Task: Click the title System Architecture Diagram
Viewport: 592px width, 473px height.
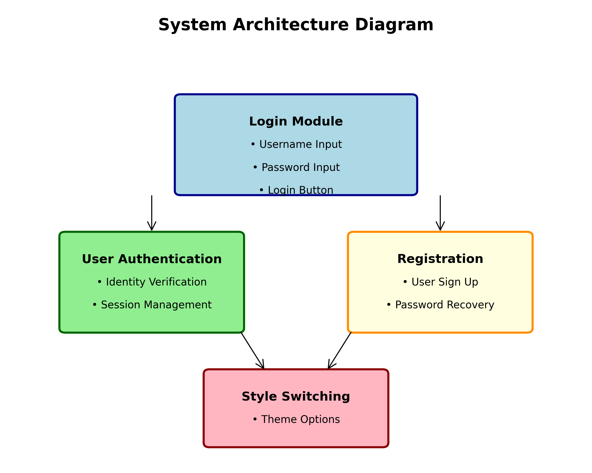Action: click(296, 25)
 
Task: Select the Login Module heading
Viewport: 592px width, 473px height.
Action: click(296, 122)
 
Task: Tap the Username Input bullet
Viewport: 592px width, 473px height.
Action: click(296, 144)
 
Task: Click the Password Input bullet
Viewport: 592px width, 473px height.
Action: click(296, 167)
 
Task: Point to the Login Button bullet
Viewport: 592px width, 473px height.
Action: click(296, 190)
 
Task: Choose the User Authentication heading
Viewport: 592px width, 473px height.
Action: click(152, 259)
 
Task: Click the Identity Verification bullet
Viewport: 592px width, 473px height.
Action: click(152, 282)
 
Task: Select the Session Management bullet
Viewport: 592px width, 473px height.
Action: click(152, 305)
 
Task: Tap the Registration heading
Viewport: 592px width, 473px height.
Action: click(440, 259)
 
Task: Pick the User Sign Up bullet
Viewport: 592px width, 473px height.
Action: click(440, 282)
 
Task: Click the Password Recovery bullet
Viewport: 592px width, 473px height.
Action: click(440, 305)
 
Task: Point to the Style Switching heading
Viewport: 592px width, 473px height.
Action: click(296, 397)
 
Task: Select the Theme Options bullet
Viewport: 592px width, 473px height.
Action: click(296, 419)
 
